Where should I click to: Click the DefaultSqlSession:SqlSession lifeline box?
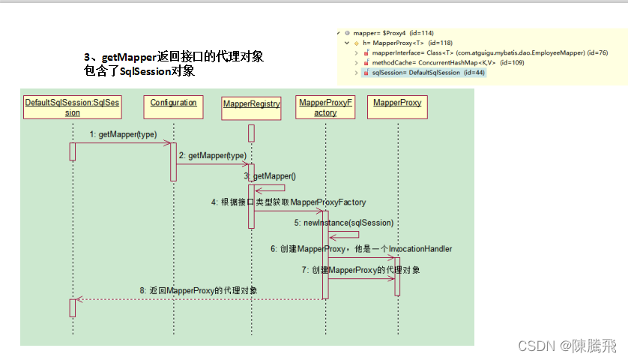(72, 107)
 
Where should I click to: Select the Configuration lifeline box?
(173, 107)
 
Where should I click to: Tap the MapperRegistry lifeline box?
(251, 107)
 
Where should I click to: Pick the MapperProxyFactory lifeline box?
(325, 107)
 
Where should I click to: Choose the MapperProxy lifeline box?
(397, 107)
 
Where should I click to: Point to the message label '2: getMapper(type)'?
(212, 155)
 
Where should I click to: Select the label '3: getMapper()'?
(270, 176)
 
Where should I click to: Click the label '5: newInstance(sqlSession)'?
(343, 223)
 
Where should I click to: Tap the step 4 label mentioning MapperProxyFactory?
(289, 202)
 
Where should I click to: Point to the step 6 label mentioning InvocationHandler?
(361, 248)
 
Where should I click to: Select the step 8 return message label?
(199, 289)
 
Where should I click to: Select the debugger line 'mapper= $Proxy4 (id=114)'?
(385, 34)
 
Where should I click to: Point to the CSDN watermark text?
(556, 346)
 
